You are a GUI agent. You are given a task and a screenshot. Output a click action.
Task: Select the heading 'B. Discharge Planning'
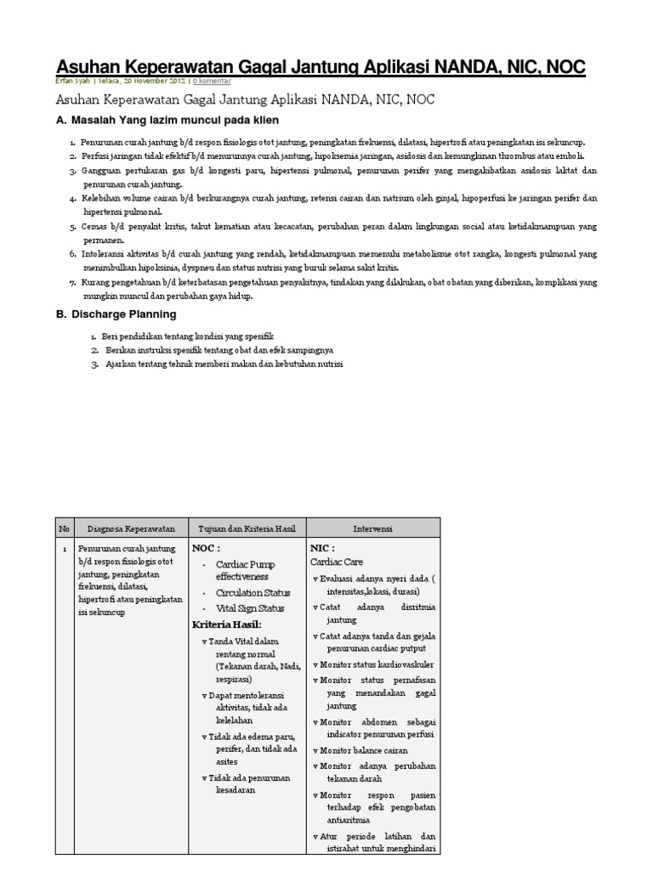coord(116,314)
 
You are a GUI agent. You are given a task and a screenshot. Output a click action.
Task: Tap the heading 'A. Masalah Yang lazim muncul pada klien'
coord(167,120)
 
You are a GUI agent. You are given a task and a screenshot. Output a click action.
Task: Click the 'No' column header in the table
coord(64,528)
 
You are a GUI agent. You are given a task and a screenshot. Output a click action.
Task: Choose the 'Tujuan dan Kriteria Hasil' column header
coord(246,528)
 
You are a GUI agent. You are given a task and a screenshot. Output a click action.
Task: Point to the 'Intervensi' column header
coord(373,528)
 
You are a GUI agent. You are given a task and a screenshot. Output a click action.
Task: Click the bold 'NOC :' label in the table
coord(208,548)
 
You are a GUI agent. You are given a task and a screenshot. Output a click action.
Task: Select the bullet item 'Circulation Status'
coord(252,592)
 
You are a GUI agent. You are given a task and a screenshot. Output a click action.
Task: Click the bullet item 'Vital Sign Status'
coord(250,607)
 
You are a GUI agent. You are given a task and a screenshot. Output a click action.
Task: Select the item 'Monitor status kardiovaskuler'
coord(377,664)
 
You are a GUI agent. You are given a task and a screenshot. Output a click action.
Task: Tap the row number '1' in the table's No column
coord(64,549)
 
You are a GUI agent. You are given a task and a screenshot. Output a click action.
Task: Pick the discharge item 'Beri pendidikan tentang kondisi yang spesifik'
coord(188,336)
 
